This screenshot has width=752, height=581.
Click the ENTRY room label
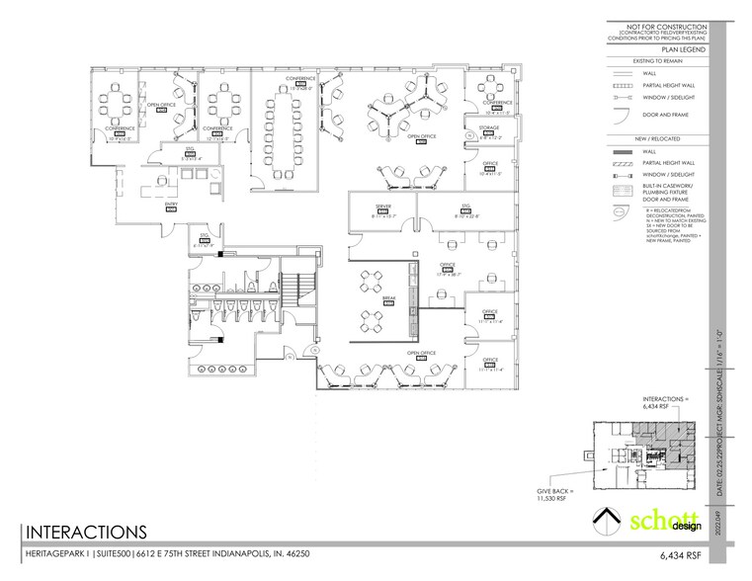170,204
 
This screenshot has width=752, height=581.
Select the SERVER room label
370,207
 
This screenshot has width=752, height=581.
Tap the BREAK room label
389,297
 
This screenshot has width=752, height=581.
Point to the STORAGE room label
490,127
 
